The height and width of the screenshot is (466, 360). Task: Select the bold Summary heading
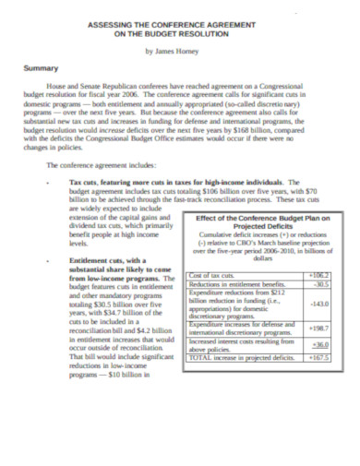(x=41, y=68)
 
